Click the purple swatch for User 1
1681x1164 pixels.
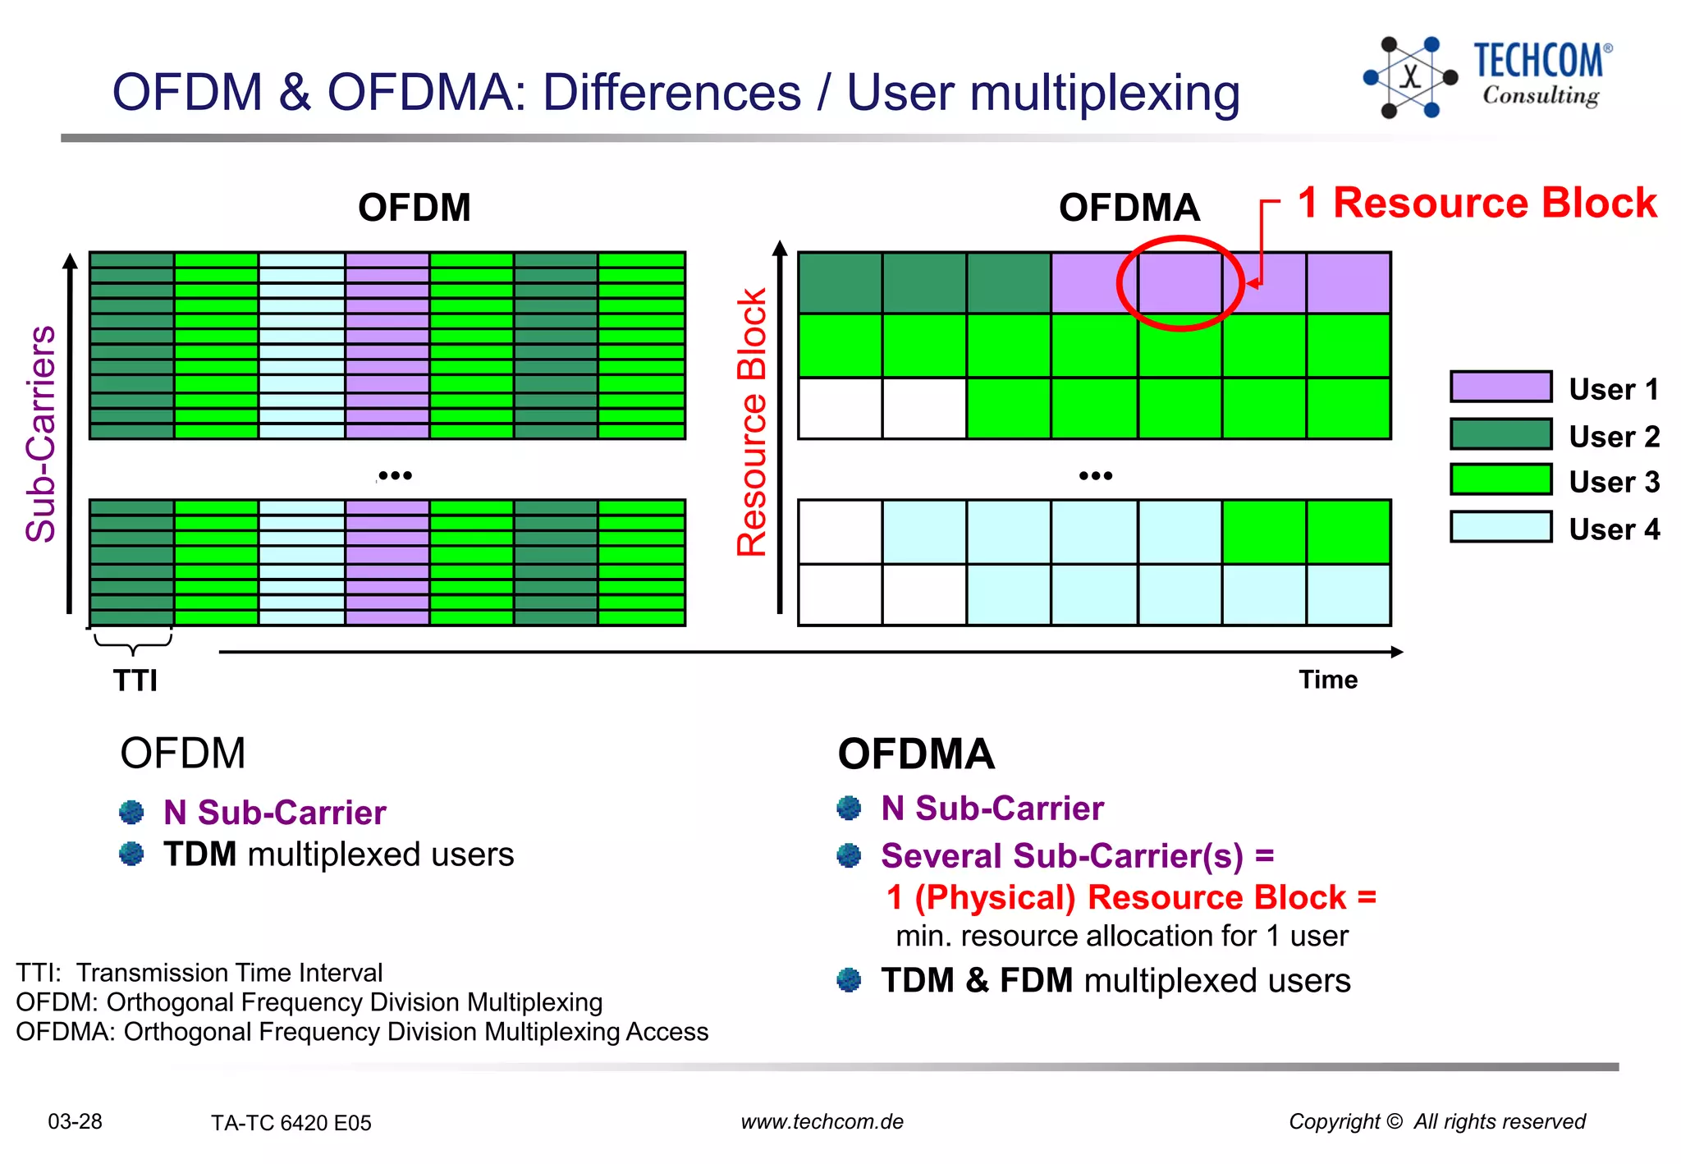1500,387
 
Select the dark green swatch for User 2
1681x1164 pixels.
1500,434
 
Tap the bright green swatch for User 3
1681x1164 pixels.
1500,479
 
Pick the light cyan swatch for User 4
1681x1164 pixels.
1500,527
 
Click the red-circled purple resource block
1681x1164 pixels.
1179,282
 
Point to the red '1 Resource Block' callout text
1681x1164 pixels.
1477,203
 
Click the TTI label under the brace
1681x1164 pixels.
135,681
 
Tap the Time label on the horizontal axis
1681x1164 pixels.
1328,680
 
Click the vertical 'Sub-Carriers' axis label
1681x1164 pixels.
41,434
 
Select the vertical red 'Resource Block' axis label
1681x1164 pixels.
752,423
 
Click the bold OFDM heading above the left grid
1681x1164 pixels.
415,208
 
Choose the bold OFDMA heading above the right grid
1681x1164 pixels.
1129,208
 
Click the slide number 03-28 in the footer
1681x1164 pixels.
75,1121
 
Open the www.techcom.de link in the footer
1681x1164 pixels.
822,1121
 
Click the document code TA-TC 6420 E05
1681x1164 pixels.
291,1122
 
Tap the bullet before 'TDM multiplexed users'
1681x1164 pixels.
131,854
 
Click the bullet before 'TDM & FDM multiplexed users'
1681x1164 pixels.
849,980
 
